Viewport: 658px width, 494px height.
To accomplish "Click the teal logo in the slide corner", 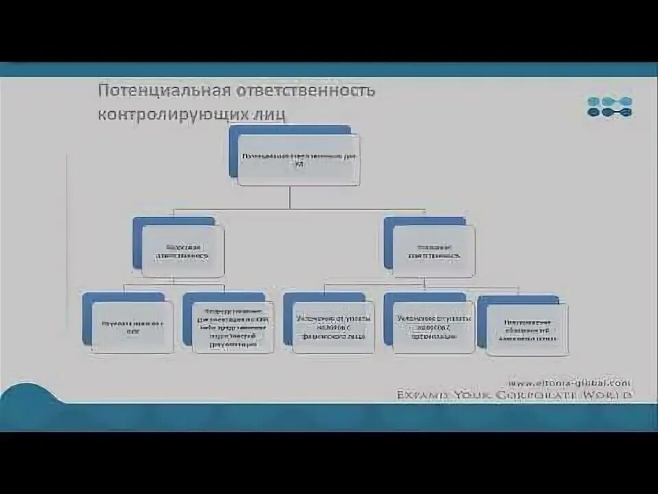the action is [609, 107].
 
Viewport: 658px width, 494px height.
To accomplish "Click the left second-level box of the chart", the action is [182, 251].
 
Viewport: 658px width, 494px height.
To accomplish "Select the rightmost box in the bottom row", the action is [527, 329].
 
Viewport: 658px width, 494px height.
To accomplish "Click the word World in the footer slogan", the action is [611, 395].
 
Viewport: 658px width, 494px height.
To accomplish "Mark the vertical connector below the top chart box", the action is [290, 197].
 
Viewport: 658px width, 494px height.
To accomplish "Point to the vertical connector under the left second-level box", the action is [173, 280].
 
